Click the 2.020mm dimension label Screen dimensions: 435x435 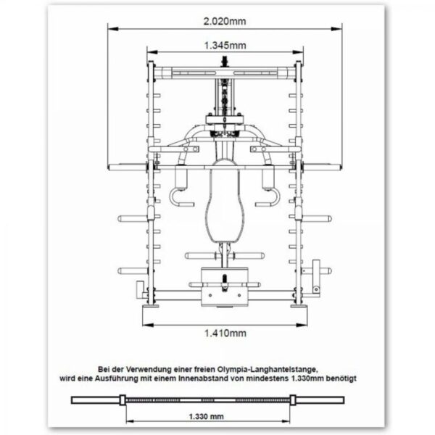(x=225, y=21)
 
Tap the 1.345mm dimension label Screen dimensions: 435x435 (x=225, y=46)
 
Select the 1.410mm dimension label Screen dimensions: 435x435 (x=225, y=333)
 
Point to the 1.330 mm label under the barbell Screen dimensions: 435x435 (x=206, y=416)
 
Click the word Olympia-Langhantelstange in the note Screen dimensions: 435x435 (x=268, y=370)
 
